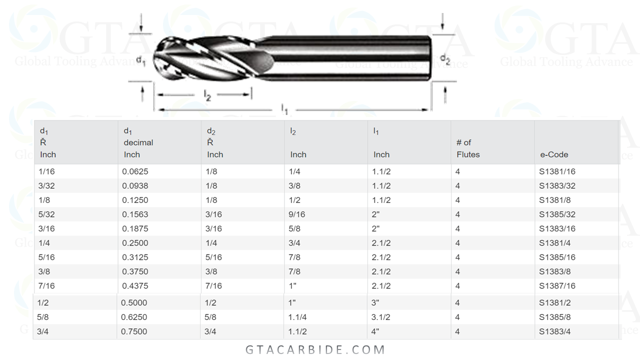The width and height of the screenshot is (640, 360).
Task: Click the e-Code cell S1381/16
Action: point(557,171)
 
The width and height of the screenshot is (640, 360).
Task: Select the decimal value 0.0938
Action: point(135,186)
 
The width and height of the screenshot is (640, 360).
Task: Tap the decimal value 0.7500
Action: point(134,331)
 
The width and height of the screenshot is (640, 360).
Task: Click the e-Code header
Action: point(553,154)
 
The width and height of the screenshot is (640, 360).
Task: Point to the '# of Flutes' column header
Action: point(467,148)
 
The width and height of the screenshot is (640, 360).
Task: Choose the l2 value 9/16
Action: point(296,214)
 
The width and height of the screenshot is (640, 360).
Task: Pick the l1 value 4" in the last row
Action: point(375,331)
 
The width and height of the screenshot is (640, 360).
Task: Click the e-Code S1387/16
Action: point(557,286)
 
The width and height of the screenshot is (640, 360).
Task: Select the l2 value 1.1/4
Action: point(297,317)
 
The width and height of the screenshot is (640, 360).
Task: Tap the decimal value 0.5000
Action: point(134,302)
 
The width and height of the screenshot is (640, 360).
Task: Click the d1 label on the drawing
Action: point(141,61)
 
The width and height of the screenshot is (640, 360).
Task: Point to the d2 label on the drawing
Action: point(444,59)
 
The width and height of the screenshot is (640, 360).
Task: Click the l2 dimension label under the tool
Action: point(207,95)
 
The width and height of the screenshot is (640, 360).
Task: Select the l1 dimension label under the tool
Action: point(284,108)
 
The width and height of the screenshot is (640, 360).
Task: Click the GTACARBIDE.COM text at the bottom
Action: point(315,349)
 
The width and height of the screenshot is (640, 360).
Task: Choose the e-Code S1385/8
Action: point(554,317)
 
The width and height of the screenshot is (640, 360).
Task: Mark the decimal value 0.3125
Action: point(135,257)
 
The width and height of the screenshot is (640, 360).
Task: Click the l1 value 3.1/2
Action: point(381,317)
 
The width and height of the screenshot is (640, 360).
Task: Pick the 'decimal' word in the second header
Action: point(138,142)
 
